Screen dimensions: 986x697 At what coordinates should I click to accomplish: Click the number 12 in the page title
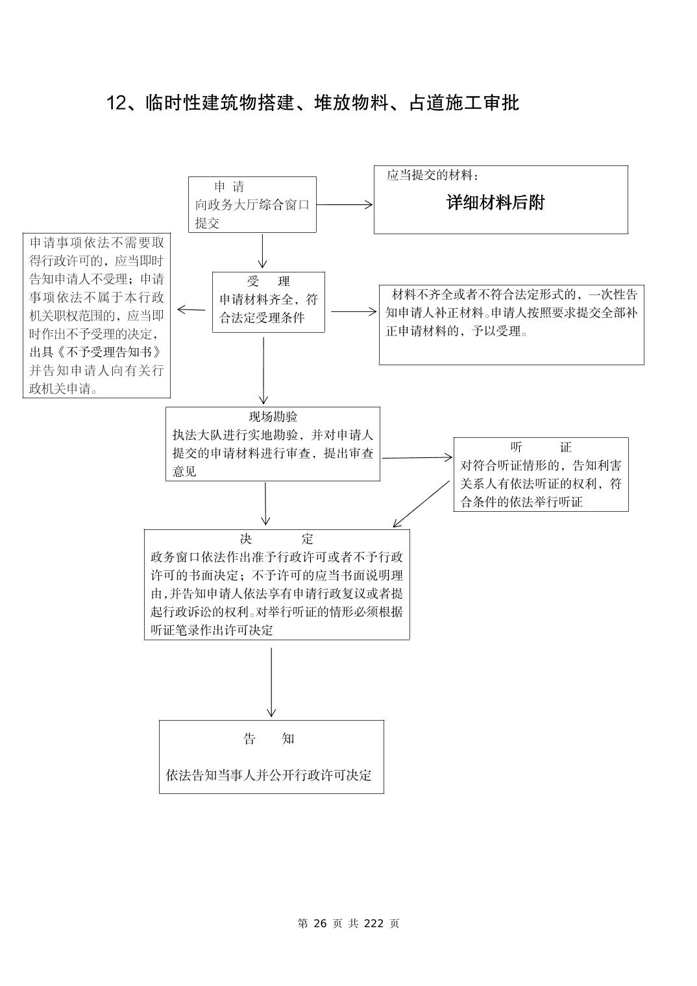[115, 103]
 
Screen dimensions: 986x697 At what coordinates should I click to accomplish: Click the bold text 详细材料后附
[495, 203]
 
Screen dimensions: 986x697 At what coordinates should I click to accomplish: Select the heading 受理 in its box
[269, 282]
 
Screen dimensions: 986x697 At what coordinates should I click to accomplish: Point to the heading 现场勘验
[273, 416]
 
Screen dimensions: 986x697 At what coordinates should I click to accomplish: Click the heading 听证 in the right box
[541, 447]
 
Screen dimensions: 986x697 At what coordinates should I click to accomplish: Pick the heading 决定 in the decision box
[276, 539]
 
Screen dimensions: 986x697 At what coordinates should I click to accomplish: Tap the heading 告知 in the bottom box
[269, 739]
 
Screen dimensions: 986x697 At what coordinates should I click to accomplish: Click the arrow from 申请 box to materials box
[345, 205]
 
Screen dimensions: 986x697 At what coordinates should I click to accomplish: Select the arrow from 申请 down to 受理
[263, 251]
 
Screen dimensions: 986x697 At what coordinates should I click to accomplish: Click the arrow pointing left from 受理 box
[191, 309]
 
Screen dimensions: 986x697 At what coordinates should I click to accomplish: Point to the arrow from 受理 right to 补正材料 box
[354, 311]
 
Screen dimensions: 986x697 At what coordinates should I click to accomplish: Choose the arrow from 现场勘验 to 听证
[417, 458]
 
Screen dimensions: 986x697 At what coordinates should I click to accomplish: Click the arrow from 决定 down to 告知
[271, 682]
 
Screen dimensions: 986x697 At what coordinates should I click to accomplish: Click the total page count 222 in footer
[374, 924]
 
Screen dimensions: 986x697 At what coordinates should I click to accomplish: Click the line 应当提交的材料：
[433, 176]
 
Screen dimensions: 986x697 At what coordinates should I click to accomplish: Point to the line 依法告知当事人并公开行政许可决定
[269, 775]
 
